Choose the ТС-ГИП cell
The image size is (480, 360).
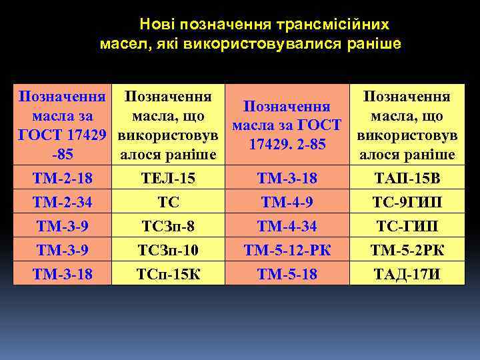[407, 227]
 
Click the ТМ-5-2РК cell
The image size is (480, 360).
[407, 251]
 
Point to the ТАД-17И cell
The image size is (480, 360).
[407, 274]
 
